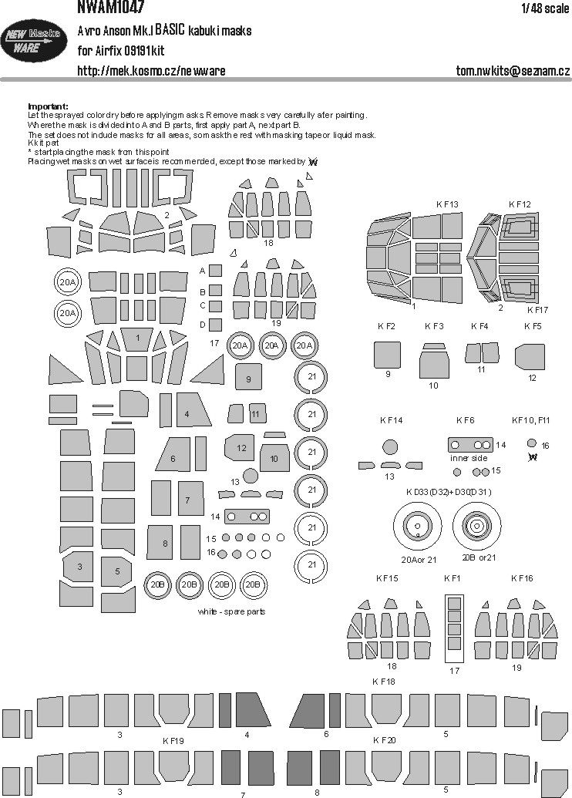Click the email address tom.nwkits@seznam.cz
513,71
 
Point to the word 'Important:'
48,106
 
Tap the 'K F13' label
447,204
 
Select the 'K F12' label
520,204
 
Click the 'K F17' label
538,310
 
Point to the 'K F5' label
533,326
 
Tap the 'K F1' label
452,577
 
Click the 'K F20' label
383,739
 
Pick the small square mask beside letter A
216,271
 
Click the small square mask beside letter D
216,325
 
